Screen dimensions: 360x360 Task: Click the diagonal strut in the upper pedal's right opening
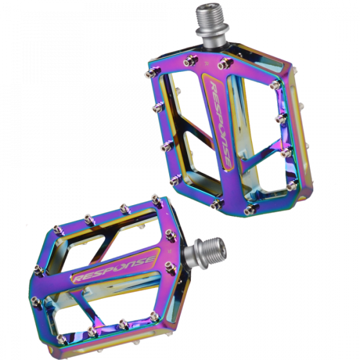(x=262, y=150)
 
